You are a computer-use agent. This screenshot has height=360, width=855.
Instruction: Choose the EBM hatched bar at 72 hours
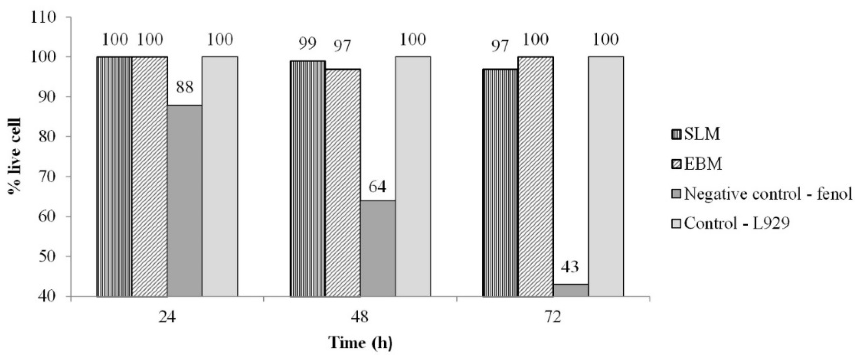[x=535, y=176]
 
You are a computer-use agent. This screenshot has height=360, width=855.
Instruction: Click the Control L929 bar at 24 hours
[x=220, y=176]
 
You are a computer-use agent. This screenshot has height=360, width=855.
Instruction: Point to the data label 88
[x=185, y=88]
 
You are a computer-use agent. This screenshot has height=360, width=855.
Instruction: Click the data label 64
[x=378, y=187]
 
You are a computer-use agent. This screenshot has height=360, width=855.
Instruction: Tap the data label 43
[x=570, y=267]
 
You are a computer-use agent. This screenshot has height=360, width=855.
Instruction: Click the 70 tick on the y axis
[x=50, y=176]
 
